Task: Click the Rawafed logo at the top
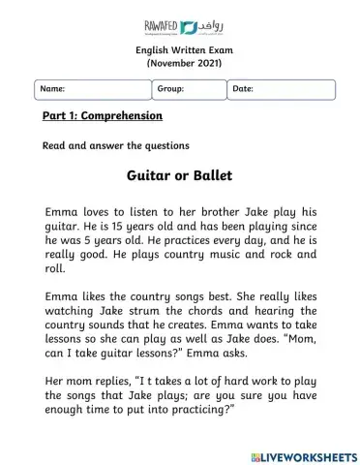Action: pyautogui.click(x=179, y=22)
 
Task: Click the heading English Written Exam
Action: pyautogui.click(x=179, y=50)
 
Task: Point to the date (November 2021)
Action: pyautogui.click(x=179, y=63)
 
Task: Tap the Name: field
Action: pyautogui.click(x=91, y=89)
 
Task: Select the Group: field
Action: pyautogui.click(x=189, y=89)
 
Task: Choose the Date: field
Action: pyautogui.click(x=281, y=89)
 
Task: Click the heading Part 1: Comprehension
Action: pyautogui.click(x=102, y=116)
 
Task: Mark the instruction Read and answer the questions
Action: pyautogui.click(x=115, y=146)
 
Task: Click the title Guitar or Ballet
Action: pyautogui.click(x=179, y=177)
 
